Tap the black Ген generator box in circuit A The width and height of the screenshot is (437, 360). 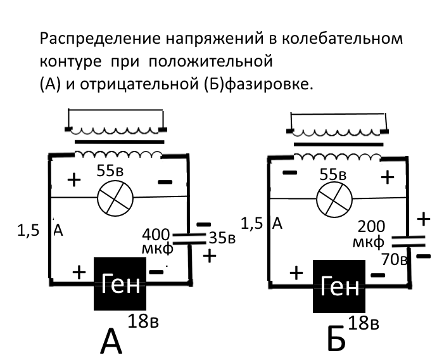(x=120, y=283)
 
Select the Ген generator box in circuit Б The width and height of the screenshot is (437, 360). (x=339, y=286)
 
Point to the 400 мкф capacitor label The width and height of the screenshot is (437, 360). (x=157, y=241)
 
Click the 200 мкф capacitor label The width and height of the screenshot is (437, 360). (x=369, y=234)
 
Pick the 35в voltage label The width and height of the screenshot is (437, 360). (x=222, y=238)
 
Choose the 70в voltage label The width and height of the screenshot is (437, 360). (x=395, y=259)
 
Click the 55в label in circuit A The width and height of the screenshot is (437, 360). (x=110, y=170)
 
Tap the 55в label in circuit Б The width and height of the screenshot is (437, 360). (x=332, y=174)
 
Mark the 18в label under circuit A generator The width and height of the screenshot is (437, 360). (x=143, y=321)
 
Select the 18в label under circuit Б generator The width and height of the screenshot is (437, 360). (x=364, y=323)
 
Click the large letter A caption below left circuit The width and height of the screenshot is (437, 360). (x=111, y=342)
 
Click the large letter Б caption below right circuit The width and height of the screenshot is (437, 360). (x=336, y=338)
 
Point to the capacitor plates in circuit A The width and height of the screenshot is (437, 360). (x=189, y=239)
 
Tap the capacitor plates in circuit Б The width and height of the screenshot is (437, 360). (x=408, y=241)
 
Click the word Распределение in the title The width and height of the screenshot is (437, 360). (x=100, y=39)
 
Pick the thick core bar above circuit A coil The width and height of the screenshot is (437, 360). (x=120, y=142)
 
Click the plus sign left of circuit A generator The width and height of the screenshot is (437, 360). (x=79, y=272)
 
